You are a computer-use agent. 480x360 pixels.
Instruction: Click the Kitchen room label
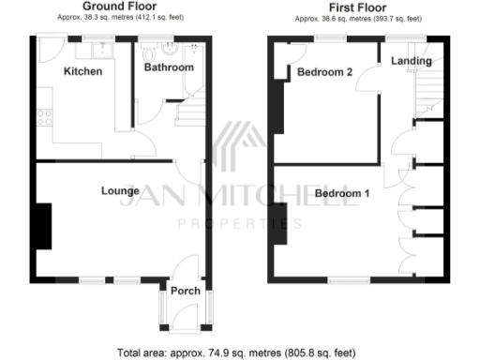click(x=82, y=71)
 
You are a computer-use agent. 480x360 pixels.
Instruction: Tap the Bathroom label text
click(x=169, y=67)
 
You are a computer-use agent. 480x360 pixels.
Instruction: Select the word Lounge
click(x=120, y=190)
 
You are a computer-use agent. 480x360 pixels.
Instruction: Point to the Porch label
click(x=186, y=291)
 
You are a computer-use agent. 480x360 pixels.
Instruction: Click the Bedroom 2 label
click(x=324, y=71)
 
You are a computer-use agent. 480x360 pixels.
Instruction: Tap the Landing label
click(x=412, y=61)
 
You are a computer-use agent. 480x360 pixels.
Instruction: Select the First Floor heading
click(x=358, y=7)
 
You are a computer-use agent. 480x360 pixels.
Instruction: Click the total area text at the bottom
click(x=237, y=353)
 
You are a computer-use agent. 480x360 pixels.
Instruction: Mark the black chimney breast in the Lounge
click(x=43, y=226)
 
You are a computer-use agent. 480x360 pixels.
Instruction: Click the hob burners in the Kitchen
click(x=42, y=118)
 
